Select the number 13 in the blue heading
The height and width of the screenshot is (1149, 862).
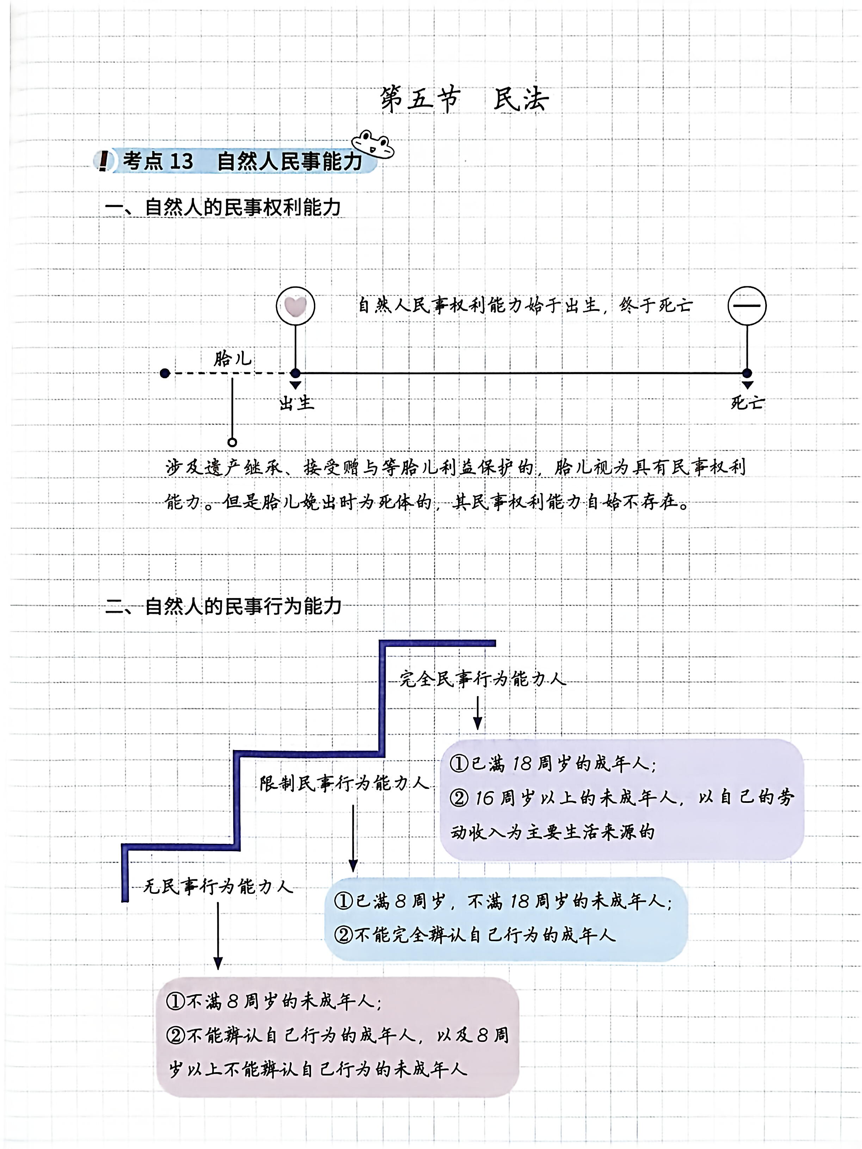[x=181, y=161]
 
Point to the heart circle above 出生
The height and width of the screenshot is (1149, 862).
[x=296, y=306]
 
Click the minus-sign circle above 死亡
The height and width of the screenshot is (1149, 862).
[x=747, y=306]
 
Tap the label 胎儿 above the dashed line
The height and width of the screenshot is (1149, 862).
[x=232, y=359]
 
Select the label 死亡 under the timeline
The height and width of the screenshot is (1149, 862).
[x=747, y=403]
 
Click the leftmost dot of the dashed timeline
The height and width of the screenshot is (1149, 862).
[x=165, y=373]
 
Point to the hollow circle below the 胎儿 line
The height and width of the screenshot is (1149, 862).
[x=232, y=442]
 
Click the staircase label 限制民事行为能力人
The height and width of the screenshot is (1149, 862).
[x=344, y=783]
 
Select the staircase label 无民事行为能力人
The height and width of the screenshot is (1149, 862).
[x=218, y=886]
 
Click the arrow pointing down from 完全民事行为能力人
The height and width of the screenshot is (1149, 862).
[x=477, y=713]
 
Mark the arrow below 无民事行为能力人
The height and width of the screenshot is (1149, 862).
[x=218, y=935]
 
